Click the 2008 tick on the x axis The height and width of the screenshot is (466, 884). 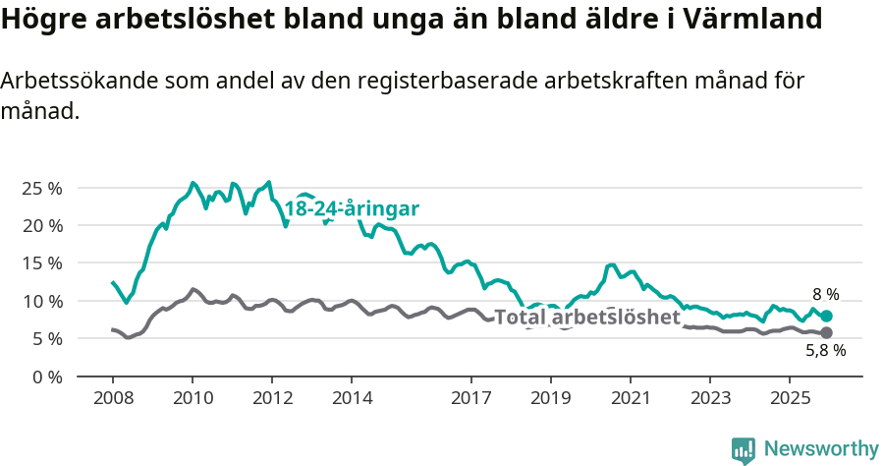113,398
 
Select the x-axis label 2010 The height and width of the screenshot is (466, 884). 193,398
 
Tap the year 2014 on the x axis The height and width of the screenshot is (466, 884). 352,398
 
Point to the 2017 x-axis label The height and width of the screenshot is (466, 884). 470,398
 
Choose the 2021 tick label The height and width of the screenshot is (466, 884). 630,398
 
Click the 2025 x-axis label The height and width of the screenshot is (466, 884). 789,398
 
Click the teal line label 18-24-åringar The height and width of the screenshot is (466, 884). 352,208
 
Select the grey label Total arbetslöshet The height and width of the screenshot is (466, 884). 586,318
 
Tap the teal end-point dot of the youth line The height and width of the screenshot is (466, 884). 826,316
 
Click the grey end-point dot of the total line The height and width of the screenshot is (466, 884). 826,332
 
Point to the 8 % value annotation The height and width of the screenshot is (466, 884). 825,294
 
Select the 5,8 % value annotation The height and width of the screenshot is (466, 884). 825,350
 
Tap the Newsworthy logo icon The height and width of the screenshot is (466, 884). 744,450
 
